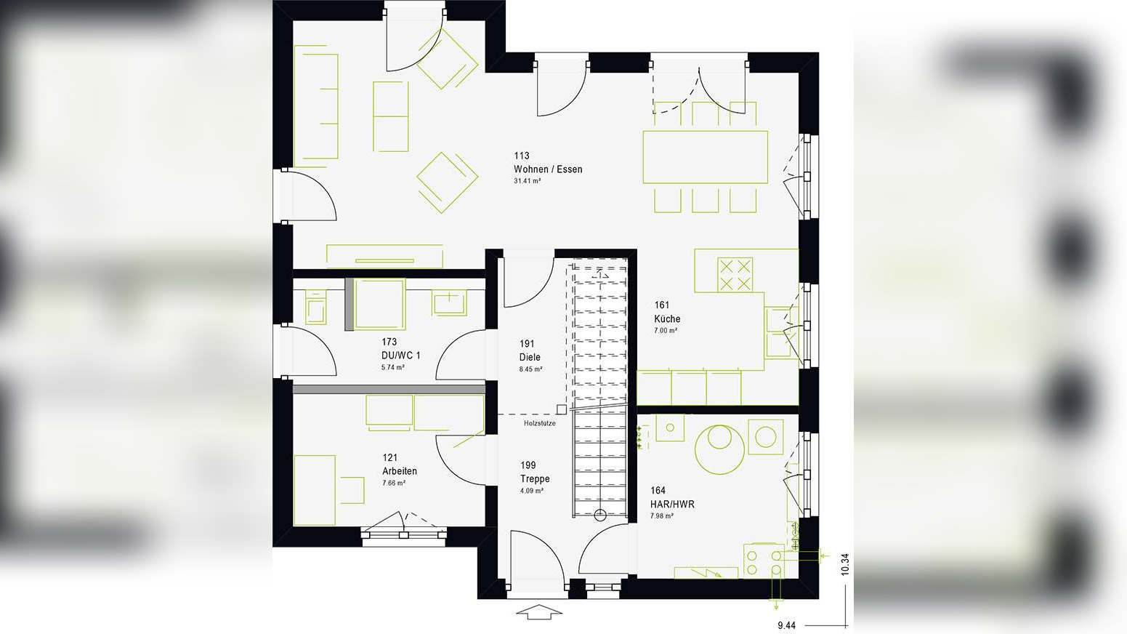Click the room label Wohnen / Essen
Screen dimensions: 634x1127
tap(548, 169)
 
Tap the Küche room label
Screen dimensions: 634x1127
tap(667, 318)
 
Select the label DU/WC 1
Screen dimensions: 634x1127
tap(400, 356)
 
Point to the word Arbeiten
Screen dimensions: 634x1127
tap(400, 471)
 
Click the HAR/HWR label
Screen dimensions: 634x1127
tap(672, 504)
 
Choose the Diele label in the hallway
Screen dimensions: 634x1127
tap(530, 357)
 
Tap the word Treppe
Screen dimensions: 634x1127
tap(535, 478)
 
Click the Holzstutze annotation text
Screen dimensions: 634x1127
tap(540, 423)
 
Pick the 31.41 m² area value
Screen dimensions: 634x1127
tap(527, 181)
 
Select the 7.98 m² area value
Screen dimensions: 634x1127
tap(662, 516)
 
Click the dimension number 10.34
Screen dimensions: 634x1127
tap(844, 564)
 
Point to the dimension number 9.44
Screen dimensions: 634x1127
tap(786, 625)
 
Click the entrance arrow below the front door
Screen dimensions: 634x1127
tap(539, 611)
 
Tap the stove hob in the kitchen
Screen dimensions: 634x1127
tap(735, 274)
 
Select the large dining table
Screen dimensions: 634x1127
tap(705, 156)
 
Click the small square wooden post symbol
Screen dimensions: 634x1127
tap(561, 409)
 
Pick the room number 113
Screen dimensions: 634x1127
tap(522, 156)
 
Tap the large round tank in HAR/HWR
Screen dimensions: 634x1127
tap(719, 449)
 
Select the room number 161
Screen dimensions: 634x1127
tap(661, 305)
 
